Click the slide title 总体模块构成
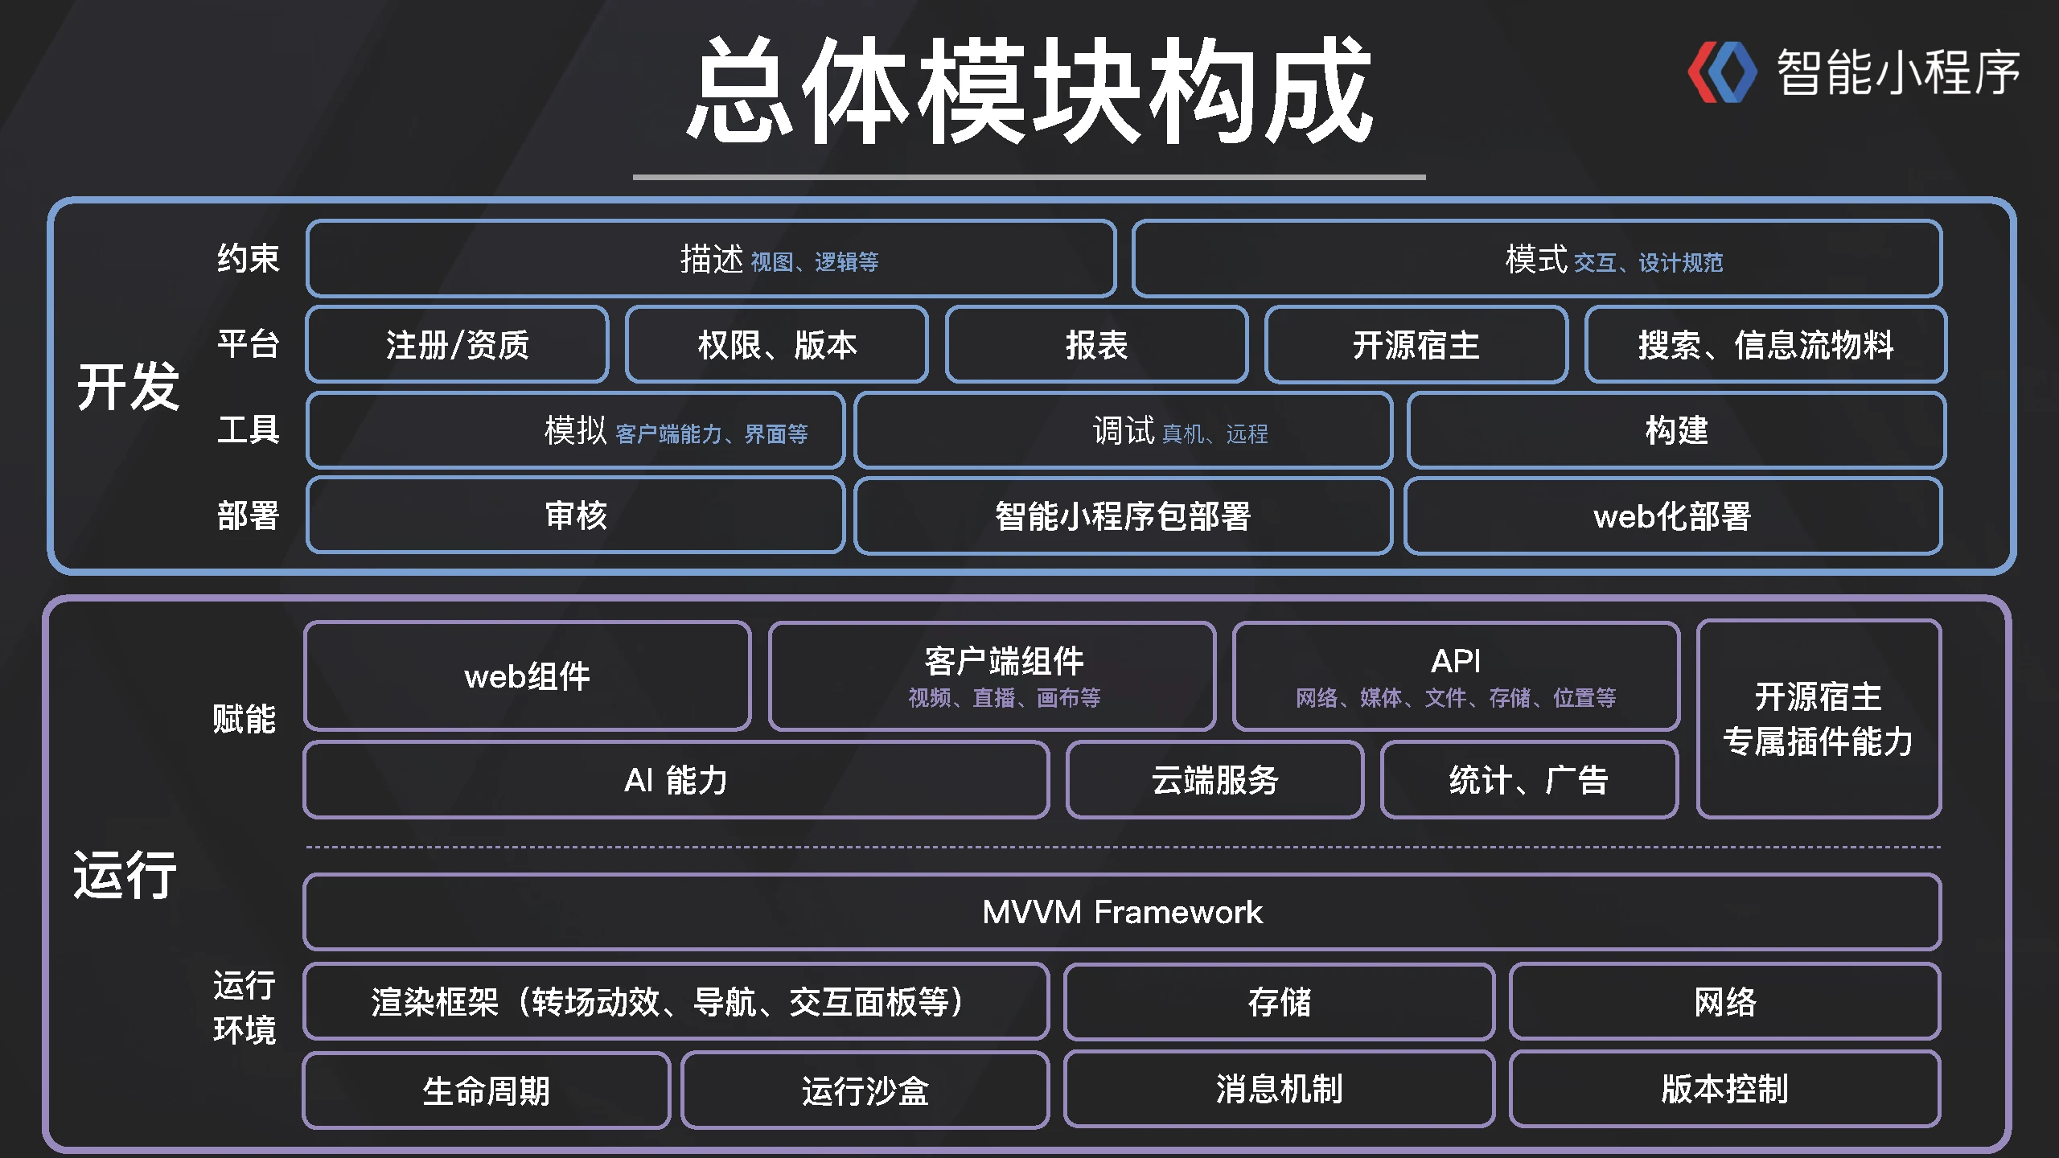pos(1029,90)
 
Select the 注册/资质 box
pos(457,344)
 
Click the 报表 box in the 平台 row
pos(1096,344)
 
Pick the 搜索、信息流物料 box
pos(1765,344)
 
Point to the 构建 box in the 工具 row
pos(1676,430)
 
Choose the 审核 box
pos(575,515)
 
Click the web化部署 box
pos(1673,515)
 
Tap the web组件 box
pos(527,676)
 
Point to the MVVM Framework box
pos(1122,912)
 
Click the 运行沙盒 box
pos(865,1090)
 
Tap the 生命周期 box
pos(486,1090)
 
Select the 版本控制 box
pos(1724,1089)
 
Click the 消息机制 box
pos(1279,1089)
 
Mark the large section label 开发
pos(128,387)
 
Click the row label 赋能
pos(244,719)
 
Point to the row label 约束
pos(248,258)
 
